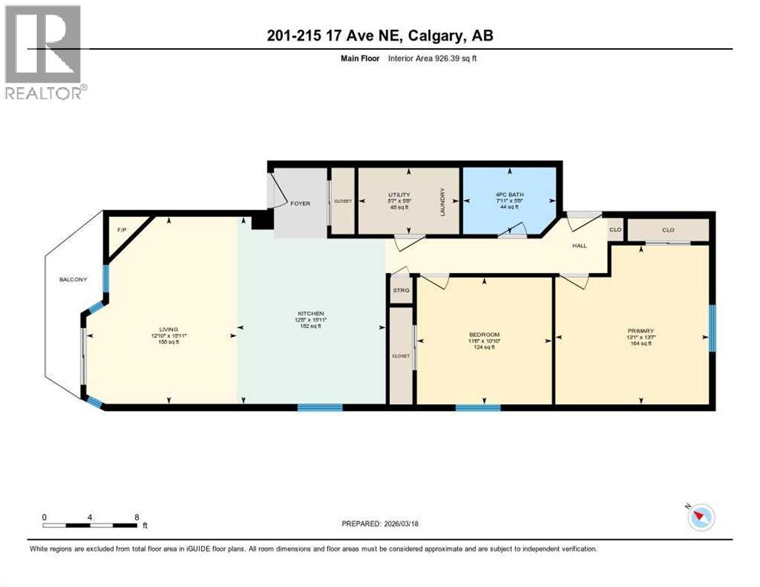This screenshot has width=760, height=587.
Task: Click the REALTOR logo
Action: click(x=44, y=52)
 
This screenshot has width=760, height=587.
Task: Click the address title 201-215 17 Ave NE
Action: click(x=379, y=37)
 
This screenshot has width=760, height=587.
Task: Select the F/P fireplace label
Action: click(x=121, y=229)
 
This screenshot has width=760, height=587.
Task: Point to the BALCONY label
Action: click(x=73, y=280)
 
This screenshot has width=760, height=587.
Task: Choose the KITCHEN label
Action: click(x=311, y=313)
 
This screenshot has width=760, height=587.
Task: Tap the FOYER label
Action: click(x=300, y=203)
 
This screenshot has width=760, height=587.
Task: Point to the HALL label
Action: click(x=580, y=246)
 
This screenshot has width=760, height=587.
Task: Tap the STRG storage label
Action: click(x=401, y=290)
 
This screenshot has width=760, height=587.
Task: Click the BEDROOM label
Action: click(x=484, y=335)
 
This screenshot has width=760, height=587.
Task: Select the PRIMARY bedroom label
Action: click(x=640, y=331)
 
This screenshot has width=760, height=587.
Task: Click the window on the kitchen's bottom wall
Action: click(x=320, y=407)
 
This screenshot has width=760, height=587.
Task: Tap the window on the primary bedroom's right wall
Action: click(x=713, y=329)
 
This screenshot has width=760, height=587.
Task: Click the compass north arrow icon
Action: click(x=700, y=517)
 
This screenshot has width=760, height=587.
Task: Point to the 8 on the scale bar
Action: click(x=136, y=517)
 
